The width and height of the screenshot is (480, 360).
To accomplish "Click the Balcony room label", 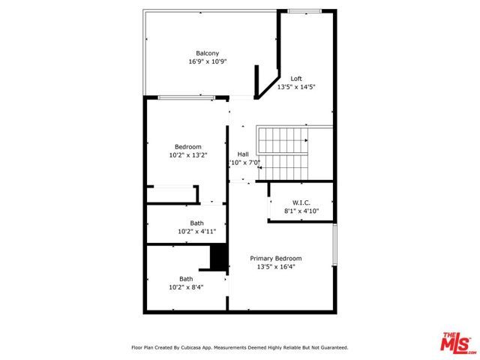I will tap(208, 52).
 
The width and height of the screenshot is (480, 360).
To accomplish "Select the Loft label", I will tap(296, 78).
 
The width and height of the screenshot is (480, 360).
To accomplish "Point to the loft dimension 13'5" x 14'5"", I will tap(296, 87).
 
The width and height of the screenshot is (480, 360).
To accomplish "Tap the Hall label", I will tap(243, 154).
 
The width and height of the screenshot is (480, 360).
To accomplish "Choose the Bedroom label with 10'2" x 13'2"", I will tap(188, 146).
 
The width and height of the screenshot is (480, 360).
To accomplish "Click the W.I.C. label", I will tap(301, 202).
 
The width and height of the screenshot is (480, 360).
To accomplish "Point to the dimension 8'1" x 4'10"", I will tap(301, 211).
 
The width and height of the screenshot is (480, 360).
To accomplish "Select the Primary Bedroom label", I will tap(281, 258).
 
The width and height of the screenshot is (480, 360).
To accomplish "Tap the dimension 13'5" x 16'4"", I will tap(281, 267).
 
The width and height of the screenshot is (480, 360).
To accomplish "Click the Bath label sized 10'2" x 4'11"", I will tap(196, 223).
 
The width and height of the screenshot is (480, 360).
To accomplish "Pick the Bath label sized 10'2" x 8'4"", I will tap(186, 278).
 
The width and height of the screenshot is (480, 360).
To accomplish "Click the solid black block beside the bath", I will tap(218, 257).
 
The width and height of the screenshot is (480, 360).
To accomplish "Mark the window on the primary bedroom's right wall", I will tap(335, 245).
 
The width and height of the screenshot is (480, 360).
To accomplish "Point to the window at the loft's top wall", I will tap(302, 10).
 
